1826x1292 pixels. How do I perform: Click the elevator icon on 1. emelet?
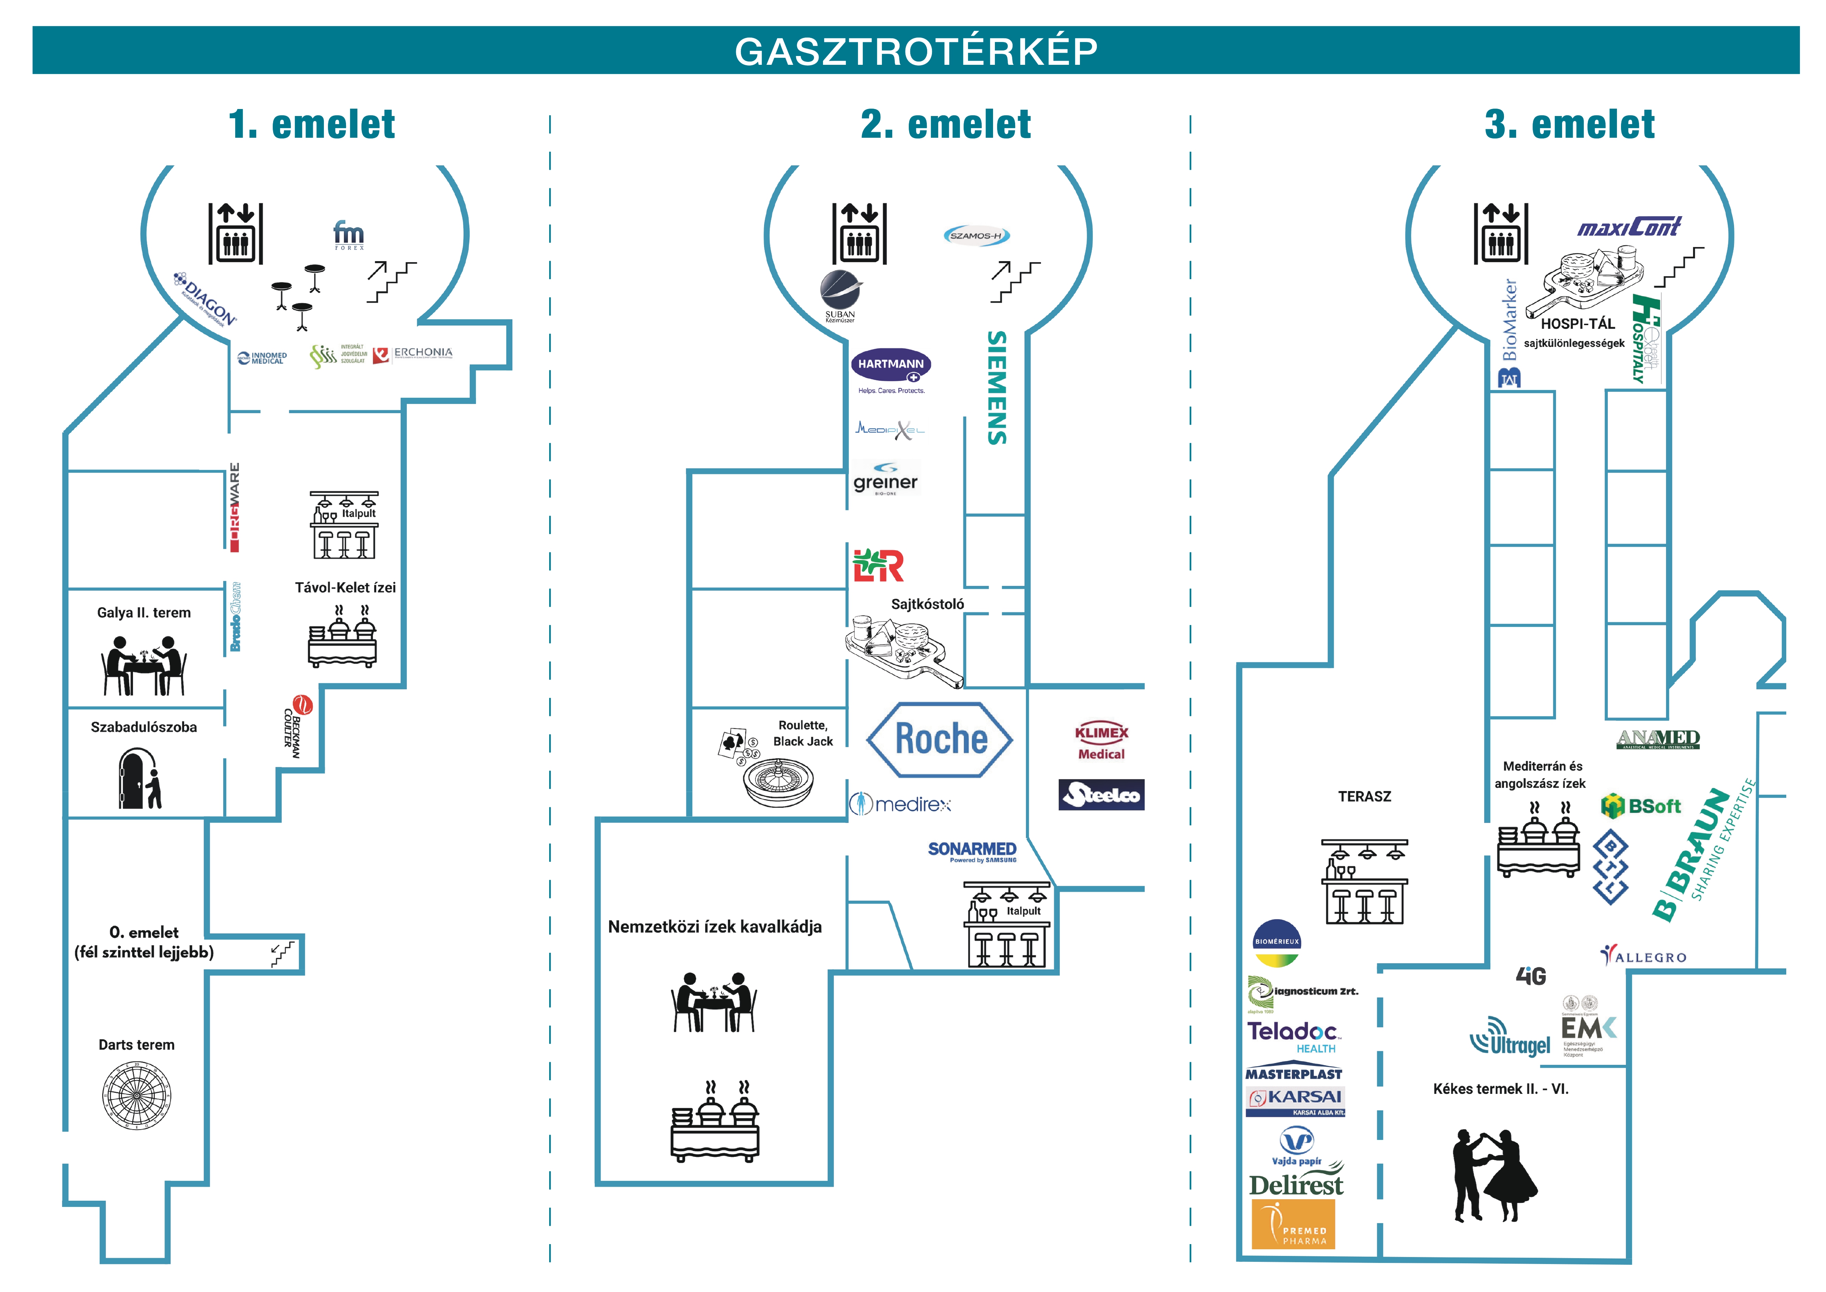tap(236, 233)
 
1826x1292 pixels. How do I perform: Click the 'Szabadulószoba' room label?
tap(144, 727)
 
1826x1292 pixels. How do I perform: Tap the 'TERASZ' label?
tap(1364, 796)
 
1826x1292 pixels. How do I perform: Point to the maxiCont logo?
tap(1629, 228)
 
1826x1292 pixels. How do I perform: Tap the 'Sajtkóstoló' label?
tap(927, 604)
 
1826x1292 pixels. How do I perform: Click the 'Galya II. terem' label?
tap(144, 612)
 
